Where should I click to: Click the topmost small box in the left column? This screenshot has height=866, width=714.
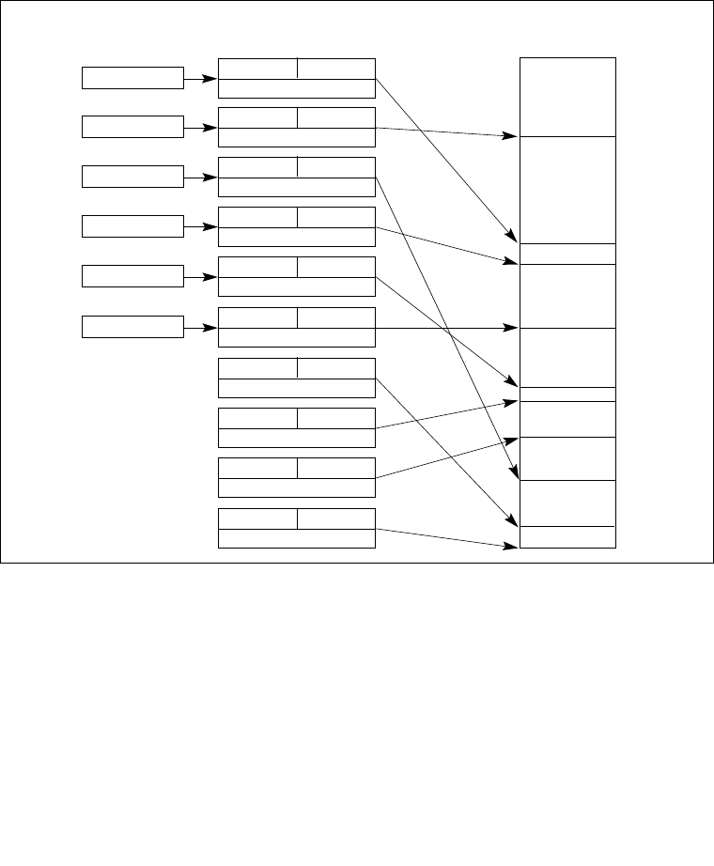click(132, 78)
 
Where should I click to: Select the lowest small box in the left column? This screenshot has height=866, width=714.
click(132, 327)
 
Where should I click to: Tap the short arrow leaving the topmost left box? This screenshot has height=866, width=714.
click(200, 79)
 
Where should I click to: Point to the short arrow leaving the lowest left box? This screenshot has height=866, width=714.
click(200, 328)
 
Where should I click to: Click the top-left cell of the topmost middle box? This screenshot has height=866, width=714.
click(257, 68)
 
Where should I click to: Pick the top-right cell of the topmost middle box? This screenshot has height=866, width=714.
click(336, 68)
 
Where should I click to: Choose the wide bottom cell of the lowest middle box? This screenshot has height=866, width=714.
click(297, 538)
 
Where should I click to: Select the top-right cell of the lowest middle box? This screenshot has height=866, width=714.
click(336, 518)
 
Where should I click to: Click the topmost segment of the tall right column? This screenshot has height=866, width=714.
click(567, 97)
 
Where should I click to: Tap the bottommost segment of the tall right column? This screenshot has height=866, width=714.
click(567, 536)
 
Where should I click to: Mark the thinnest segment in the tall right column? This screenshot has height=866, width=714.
click(567, 394)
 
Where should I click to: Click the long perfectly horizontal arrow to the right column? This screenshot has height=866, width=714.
click(442, 328)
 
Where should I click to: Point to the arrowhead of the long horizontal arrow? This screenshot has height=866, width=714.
click(514, 328)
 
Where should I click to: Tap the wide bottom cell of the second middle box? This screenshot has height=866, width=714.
click(297, 137)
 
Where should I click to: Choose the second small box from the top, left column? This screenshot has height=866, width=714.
click(132, 127)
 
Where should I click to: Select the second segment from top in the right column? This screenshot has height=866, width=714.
click(567, 190)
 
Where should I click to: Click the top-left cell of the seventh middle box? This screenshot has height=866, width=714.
click(257, 368)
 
